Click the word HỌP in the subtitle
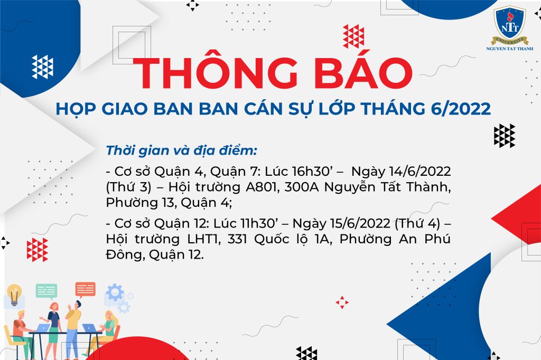click(x=76, y=109)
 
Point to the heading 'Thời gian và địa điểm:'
click(x=182, y=150)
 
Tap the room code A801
click(x=262, y=187)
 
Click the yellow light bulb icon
click(x=14, y=295)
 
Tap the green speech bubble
click(x=46, y=291)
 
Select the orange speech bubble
click(x=85, y=290)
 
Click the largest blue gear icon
click(x=115, y=292)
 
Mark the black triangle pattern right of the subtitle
click(x=505, y=136)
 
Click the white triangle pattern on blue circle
click(x=42, y=67)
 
